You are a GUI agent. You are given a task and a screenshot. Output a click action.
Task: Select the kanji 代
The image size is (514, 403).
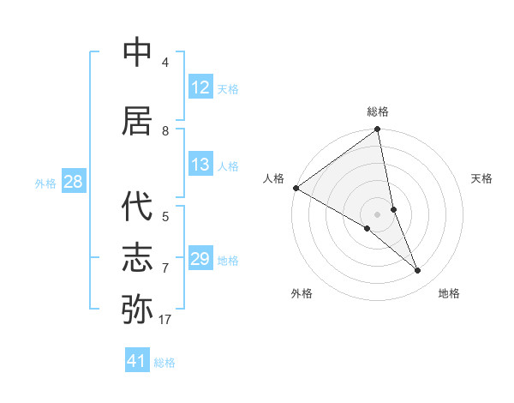138,209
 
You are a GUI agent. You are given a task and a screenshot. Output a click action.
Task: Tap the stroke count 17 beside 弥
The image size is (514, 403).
165,320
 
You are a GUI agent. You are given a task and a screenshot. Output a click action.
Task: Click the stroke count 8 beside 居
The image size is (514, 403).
165,131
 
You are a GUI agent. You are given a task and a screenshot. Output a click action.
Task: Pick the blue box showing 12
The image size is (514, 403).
200,87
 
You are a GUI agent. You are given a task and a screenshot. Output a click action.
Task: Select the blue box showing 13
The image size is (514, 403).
200,165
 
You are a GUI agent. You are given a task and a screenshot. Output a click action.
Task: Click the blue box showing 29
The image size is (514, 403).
200,259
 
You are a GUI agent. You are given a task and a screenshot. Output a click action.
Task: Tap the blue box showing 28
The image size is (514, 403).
73,182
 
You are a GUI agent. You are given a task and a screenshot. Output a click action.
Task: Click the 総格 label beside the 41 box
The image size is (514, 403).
164,363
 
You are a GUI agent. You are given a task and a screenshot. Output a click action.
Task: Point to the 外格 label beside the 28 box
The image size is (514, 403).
45,183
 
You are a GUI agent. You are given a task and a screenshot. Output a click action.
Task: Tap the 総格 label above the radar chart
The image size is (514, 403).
378,111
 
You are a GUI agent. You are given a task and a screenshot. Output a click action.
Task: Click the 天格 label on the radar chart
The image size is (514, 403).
482,178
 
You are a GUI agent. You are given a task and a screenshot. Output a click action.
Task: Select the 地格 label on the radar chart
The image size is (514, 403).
449,293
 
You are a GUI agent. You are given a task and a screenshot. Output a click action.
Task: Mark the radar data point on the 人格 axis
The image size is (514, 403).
296,188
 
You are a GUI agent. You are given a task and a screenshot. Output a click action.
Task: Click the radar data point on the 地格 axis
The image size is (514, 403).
418,271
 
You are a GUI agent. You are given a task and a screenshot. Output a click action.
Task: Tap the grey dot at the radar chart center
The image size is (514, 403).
377,214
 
